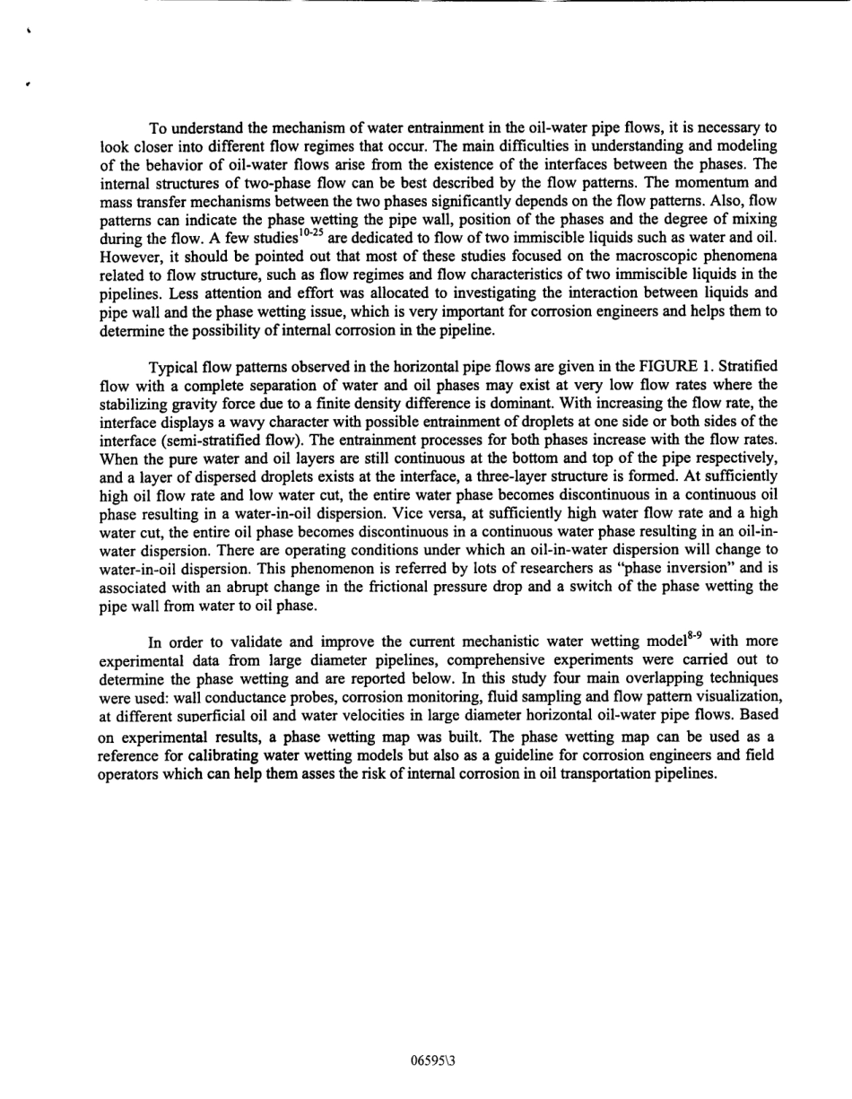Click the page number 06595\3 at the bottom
point(433,1060)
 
